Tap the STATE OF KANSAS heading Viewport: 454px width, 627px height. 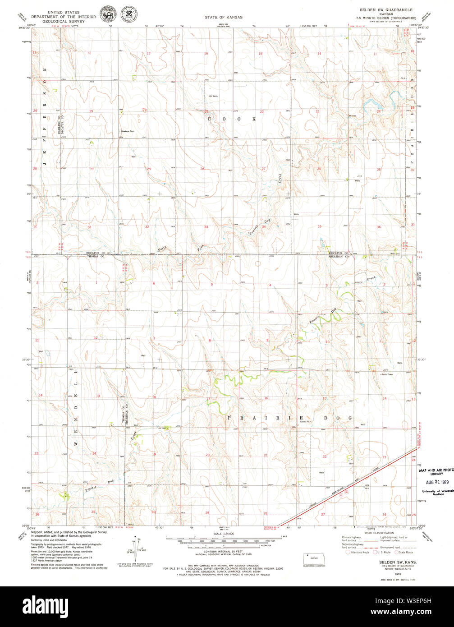click(x=224, y=17)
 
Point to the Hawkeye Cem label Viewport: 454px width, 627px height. click(x=128, y=131)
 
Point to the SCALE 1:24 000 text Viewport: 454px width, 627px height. click(x=223, y=535)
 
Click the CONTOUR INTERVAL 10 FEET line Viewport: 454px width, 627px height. click(x=224, y=551)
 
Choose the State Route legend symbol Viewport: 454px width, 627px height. click(x=397, y=552)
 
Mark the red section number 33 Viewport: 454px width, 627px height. click(x=206, y=227)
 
